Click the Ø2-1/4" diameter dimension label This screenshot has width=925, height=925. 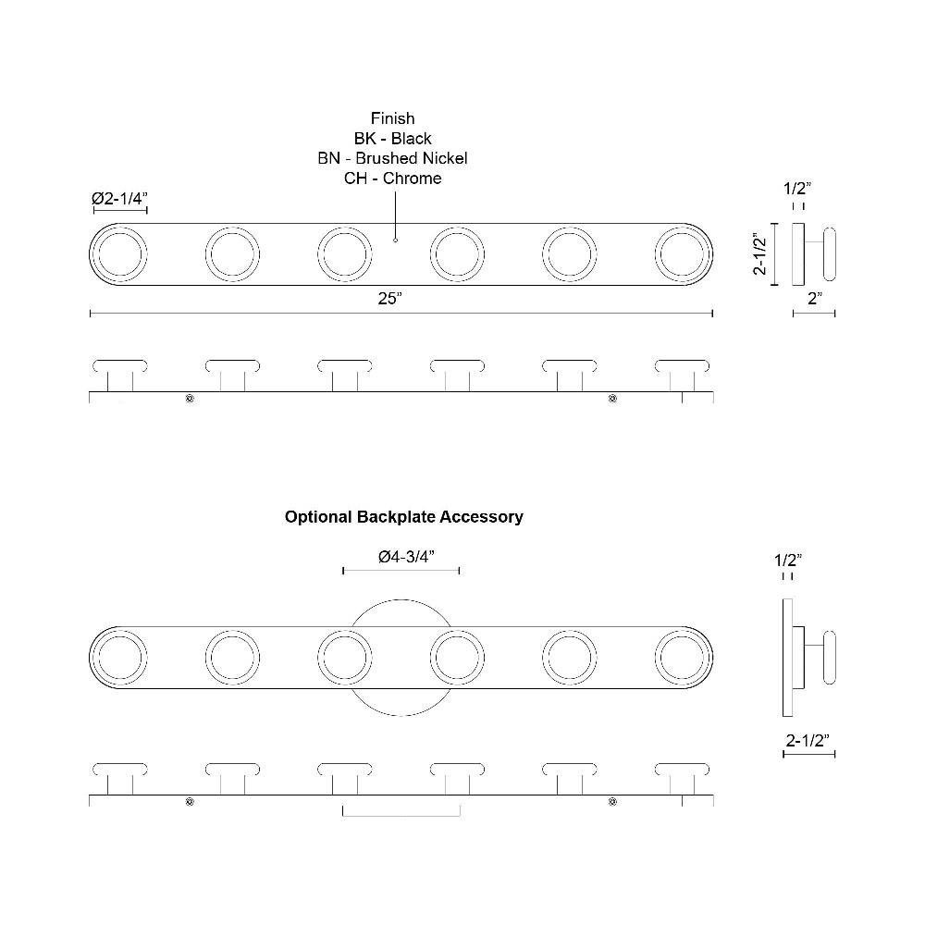point(119,198)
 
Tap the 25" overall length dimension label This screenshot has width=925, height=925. point(390,299)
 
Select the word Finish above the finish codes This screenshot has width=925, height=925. point(393,118)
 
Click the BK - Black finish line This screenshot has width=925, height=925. point(393,138)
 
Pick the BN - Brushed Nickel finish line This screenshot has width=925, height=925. point(393,158)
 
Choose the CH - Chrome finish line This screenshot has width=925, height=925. point(393,179)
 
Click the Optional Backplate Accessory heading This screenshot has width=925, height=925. point(404,517)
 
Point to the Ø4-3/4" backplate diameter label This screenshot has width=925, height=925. point(406,556)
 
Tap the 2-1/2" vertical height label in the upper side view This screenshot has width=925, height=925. point(759,254)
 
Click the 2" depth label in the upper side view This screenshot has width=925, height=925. point(815,299)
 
